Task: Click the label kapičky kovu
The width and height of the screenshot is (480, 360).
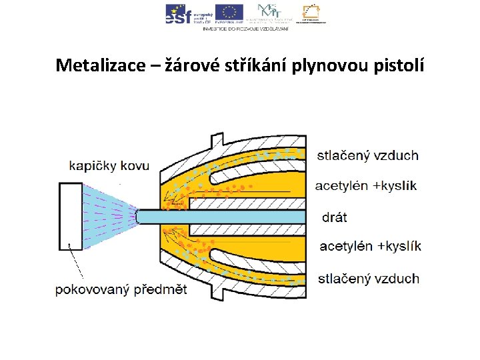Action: click(109, 166)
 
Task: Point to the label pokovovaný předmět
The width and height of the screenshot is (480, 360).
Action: click(121, 290)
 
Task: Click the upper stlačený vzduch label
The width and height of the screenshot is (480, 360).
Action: click(367, 156)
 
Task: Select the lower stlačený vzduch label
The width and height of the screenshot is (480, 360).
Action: click(368, 278)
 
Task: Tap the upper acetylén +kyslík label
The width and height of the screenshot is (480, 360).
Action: click(366, 185)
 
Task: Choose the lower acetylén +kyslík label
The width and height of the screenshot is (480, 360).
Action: click(371, 247)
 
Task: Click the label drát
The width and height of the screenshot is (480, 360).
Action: click(335, 217)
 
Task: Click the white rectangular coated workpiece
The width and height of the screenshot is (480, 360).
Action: click(70, 215)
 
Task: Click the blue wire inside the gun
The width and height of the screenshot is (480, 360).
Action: click(220, 217)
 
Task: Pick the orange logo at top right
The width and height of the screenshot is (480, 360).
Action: click(313, 13)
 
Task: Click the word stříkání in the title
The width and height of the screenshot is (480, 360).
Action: click(255, 65)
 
